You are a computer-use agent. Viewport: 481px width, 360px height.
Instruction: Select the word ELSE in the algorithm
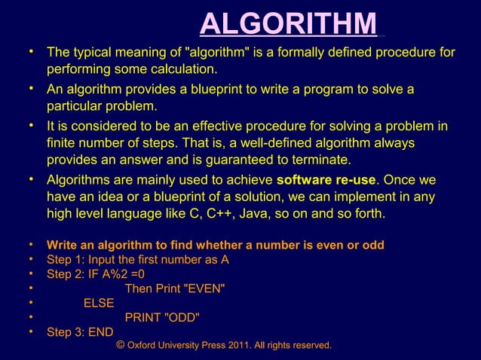pos(99,303)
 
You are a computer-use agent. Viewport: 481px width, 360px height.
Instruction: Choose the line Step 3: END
pos(79,331)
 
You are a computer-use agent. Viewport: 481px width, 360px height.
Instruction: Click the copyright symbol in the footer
pos(121,344)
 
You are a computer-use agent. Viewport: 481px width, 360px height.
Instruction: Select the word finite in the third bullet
pos(63,142)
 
